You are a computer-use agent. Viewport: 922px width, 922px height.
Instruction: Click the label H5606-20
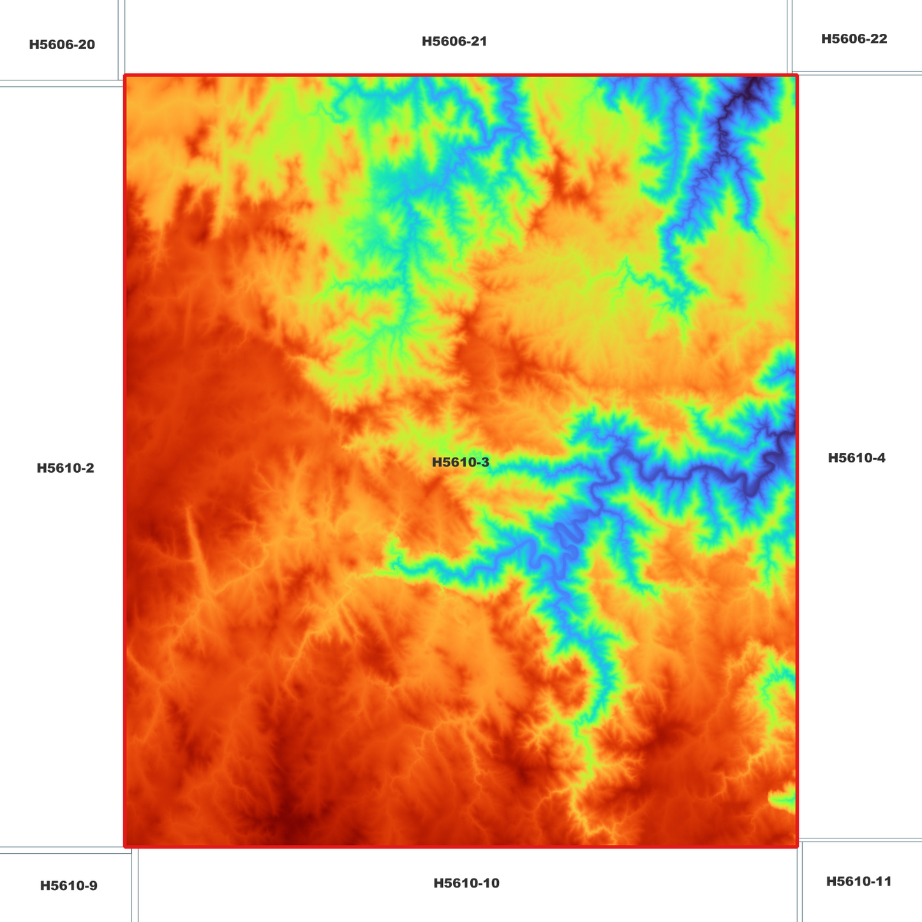click(62, 45)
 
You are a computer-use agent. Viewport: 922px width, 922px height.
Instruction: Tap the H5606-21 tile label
click(454, 41)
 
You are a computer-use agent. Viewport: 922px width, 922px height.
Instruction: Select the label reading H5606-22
click(854, 39)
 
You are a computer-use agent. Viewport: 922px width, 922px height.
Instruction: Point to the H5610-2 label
click(65, 468)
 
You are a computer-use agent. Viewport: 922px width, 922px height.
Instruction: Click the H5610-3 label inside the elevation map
click(460, 463)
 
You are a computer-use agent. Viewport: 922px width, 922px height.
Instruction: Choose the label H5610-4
click(856, 458)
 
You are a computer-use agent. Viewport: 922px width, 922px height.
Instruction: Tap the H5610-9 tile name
click(68, 886)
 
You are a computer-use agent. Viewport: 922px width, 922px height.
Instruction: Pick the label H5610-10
click(466, 883)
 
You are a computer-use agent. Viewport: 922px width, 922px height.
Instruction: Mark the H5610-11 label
click(858, 881)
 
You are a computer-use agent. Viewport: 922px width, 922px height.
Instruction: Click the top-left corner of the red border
click(125, 76)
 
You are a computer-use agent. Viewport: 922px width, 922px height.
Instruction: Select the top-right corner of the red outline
click(797, 76)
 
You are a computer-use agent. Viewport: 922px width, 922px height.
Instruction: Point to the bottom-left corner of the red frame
click(125, 846)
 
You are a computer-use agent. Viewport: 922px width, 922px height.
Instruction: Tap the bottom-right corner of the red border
click(797, 846)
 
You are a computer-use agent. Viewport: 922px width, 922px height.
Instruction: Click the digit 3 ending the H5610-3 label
click(486, 463)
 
